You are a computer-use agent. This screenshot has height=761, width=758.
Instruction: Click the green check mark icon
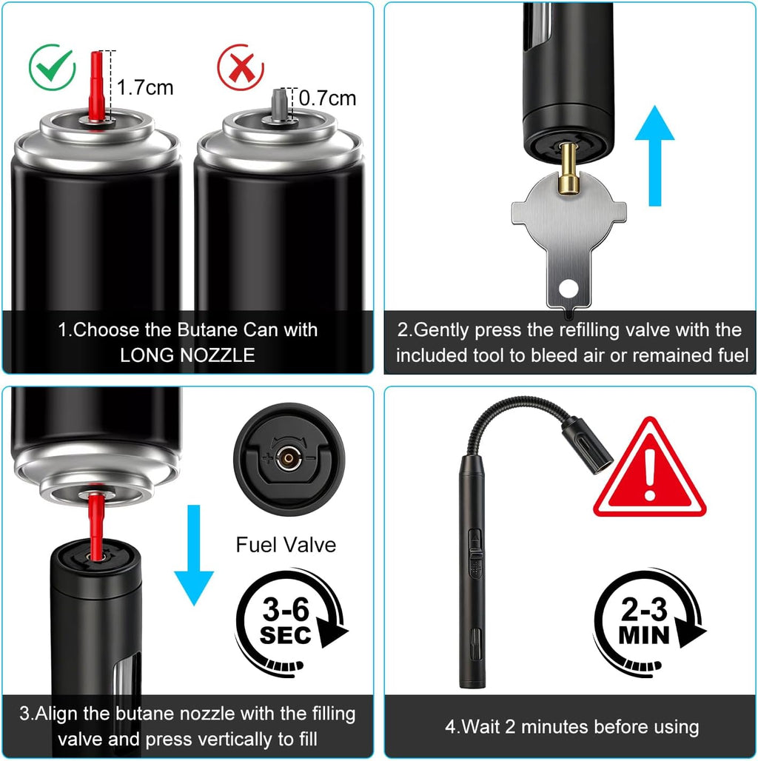click(53, 67)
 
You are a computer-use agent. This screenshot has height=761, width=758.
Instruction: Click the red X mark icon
click(240, 67)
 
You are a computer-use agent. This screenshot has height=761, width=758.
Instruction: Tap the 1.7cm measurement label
click(145, 87)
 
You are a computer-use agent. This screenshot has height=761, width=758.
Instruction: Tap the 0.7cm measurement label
click(327, 98)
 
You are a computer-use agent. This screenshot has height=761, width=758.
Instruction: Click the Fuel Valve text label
click(286, 546)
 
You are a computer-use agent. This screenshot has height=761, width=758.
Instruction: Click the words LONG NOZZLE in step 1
click(187, 355)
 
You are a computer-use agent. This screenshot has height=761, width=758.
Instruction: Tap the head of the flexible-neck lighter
click(588, 444)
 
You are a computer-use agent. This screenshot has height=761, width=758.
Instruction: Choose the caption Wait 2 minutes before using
click(571, 726)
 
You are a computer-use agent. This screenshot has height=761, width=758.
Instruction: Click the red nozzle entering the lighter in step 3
click(95, 522)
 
